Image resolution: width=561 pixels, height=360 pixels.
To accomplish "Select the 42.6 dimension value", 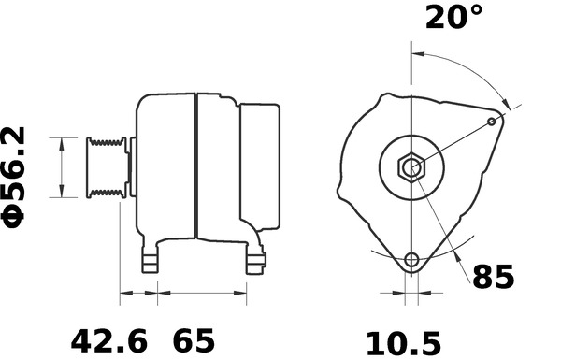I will [x=110, y=338].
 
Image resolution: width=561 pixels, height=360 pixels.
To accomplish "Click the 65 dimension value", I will [x=196, y=338].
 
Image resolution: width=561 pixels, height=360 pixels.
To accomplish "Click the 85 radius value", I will [x=493, y=278].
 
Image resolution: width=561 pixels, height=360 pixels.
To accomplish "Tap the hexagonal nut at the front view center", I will [x=410, y=168].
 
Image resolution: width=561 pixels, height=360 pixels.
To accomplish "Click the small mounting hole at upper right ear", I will [x=493, y=122].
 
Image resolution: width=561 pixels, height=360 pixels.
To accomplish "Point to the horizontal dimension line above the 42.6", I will [x=138, y=295].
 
